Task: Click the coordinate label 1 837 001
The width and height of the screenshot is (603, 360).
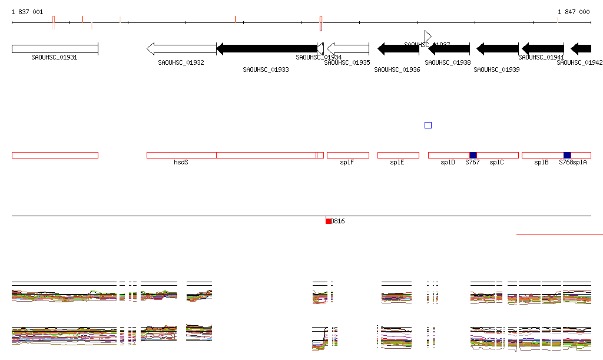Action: pyautogui.click(x=27, y=12)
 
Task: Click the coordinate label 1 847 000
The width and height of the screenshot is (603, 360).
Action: pyautogui.click(x=574, y=12)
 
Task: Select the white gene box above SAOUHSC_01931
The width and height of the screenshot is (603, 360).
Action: pyautogui.click(x=55, y=49)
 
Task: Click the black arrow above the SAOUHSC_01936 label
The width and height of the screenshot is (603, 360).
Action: pyautogui.click(x=398, y=49)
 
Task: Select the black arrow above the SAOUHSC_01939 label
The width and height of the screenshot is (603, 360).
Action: pyautogui.click(x=498, y=49)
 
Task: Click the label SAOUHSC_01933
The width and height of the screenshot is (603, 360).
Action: pyautogui.click(x=266, y=70)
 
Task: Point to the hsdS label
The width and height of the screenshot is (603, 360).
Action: pyautogui.click(x=181, y=162)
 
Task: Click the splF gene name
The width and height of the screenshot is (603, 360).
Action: pyautogui.click(x=347, y=162)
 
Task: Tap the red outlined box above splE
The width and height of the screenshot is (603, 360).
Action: pyautogui.click(x=398, y=155)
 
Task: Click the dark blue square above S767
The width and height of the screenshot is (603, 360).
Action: pyautogui.click(x=473, y=155)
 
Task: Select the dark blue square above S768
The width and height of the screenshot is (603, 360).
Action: pyautogui.click(x=567, y=155)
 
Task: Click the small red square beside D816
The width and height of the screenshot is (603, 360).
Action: pyautogui.click(x=329, y=221)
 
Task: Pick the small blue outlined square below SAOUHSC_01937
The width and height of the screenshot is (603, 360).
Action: pyautogui.click(x=428, y=125)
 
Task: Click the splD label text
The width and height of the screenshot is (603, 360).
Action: pyautogui.click(x=448, y=162)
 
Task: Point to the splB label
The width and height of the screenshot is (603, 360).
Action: pyautogui.click(x=542, y=162)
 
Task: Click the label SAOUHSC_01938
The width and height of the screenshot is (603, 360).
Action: pyautogui.click(x=449, y=62)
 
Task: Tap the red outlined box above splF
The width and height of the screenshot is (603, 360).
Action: pyautogui.click(x=348, y=155)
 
